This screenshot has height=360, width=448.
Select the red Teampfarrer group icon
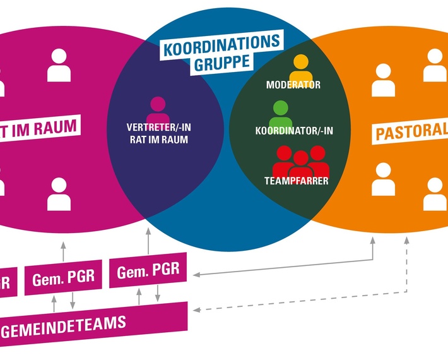tap(300, 162)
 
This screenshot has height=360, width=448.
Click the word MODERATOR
tap(293, 85)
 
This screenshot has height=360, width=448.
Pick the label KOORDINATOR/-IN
tap(293, 131)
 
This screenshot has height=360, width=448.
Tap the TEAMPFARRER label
tap(296, 181)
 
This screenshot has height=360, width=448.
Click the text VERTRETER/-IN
tap(158, 127)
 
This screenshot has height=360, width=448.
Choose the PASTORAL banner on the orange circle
tap(410, 131)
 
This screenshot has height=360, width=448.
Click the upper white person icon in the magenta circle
tap(59, 65)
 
